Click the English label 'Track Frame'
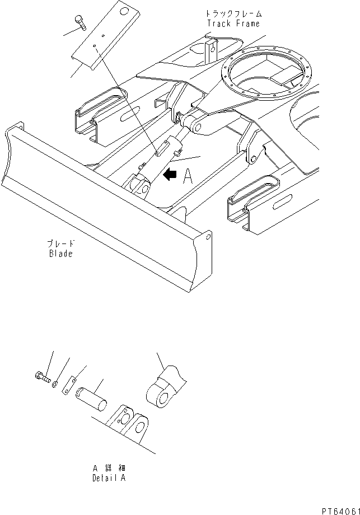click(x=233, y=24)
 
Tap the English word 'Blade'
click(x=60, y=253)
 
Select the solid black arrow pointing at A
click(x=168, y=175)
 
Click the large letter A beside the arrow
click(x=188, y=177)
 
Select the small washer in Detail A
click(x=54, y=384)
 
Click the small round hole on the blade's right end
click(x=208, y=237)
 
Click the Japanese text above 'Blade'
click(x=60, y=244)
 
